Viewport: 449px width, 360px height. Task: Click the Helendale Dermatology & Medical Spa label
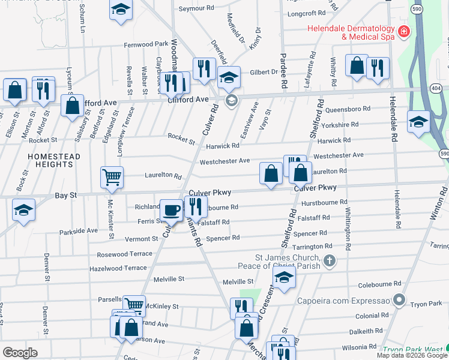tap(351, 32)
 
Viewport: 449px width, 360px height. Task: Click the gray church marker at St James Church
tap(329, 260)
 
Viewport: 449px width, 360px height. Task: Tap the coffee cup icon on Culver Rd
tap(172, 211)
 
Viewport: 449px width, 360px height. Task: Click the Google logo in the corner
tap(20, 353)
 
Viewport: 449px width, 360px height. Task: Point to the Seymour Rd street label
tap(197, 9)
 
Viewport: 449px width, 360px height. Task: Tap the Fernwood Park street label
tap(146, 44)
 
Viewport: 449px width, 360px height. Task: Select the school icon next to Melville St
tap(284, 277)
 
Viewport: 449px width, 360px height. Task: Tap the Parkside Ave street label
tap(78, 230)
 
